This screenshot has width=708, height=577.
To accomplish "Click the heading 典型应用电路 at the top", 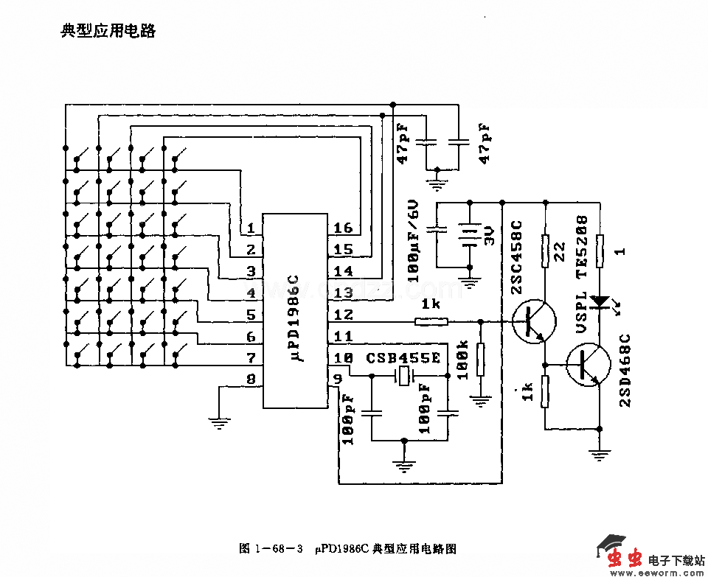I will coord(108,31).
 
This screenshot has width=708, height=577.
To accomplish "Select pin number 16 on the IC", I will coord(343,228).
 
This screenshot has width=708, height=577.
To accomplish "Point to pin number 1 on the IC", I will coord(251,228).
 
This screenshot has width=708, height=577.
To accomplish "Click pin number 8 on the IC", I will coord(251,380).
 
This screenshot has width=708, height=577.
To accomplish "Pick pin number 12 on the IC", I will coord(343,315).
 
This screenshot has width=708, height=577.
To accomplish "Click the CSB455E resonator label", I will coord(403,357).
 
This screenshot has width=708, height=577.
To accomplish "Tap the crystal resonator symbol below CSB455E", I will coord(405,377).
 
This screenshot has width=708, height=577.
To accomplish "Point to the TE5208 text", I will coord(582,248).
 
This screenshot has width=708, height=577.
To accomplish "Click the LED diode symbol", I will coord(601,301).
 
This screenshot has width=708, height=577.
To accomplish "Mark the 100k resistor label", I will coord(463,360).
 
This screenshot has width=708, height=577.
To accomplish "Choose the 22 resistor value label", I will coord(559,251).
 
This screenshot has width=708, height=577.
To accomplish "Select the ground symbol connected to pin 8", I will coord(219,423).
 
